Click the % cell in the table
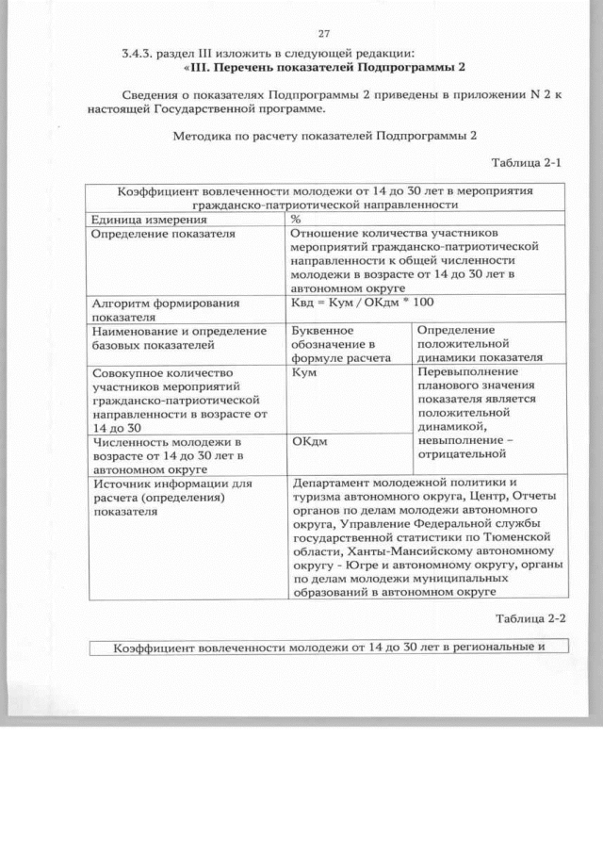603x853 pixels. click(297, 219)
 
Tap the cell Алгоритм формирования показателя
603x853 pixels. click(161, 310)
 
